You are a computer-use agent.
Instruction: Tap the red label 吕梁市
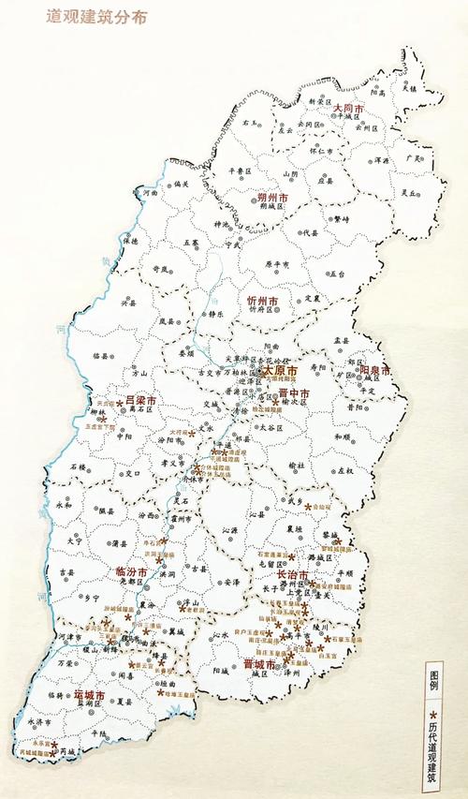point(140,400)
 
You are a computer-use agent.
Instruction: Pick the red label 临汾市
point(131,570)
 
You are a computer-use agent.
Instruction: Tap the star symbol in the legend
point(432,713)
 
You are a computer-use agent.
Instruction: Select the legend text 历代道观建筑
point(432,749)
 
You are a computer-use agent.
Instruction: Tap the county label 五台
point(337,274)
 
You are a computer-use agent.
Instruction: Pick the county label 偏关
point(181,185)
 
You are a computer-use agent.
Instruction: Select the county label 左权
point(346,470)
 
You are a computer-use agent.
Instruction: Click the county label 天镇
point(409,87)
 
